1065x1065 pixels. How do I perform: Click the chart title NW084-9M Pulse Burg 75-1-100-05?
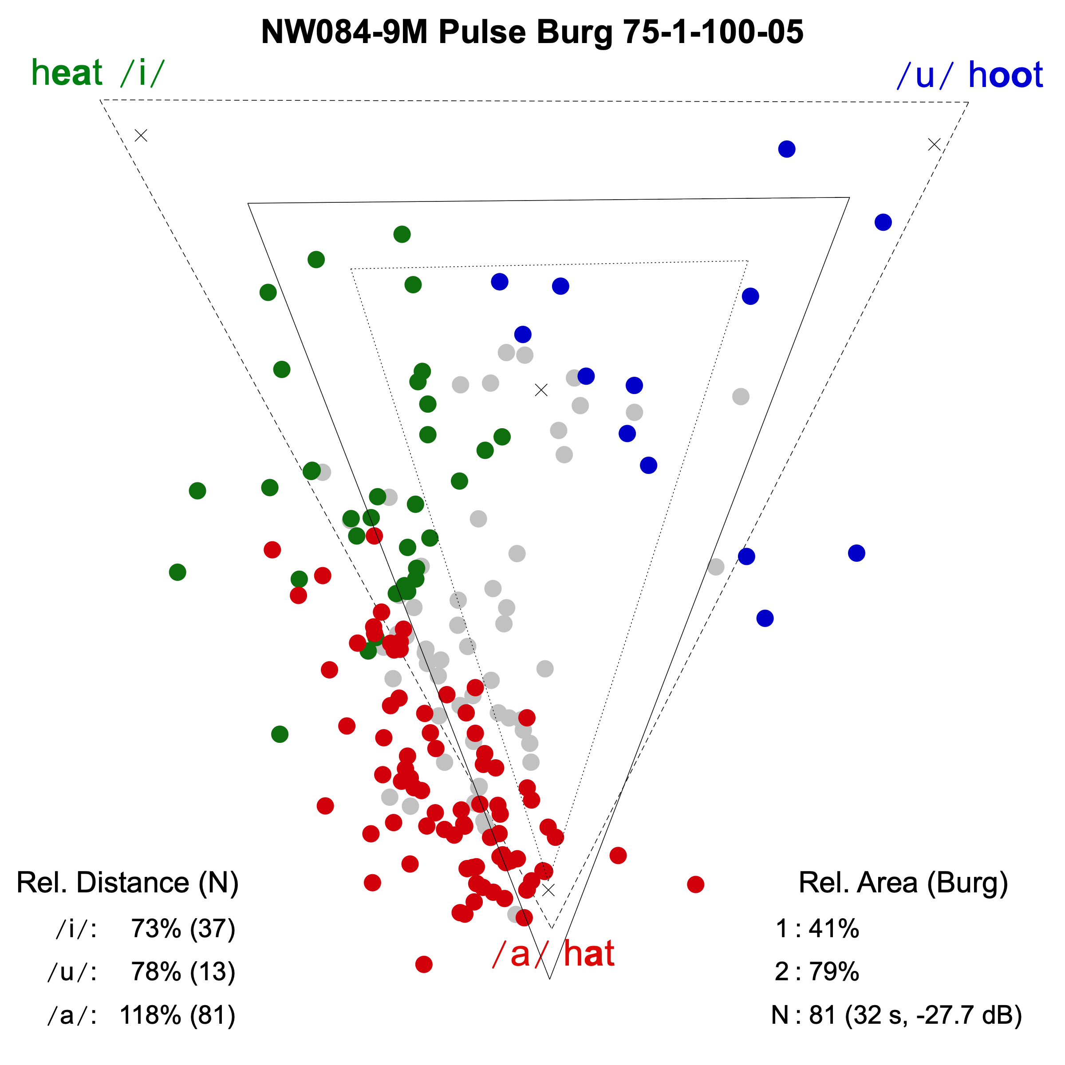point(532,32)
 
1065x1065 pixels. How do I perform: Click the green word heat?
point(67,73)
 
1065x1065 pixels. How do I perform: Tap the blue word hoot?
point(1005,75)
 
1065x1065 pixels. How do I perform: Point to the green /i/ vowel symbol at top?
point(142,73)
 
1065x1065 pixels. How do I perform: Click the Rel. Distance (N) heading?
point(127,883)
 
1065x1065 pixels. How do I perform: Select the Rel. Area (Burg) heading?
point(903,883)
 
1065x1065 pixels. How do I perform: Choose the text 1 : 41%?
point(817,929)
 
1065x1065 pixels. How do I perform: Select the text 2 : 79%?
point(817,972)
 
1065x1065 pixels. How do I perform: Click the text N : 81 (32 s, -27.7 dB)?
point(896,1015)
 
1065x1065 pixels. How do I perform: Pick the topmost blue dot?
point(787,149)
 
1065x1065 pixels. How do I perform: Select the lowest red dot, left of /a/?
point(423,964)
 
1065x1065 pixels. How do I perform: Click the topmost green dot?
point(402,234)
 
